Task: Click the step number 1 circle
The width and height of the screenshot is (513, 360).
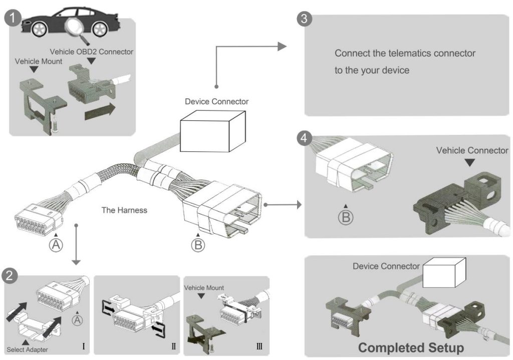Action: point(13,19)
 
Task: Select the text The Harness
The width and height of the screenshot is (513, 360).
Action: point(124,210)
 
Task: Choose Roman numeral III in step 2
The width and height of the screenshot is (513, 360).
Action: point(258,346)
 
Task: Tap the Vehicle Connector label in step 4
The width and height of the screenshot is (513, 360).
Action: point(471,150)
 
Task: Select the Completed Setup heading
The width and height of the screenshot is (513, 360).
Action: point(411,347)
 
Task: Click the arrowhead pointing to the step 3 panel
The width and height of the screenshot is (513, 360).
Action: point(282,47)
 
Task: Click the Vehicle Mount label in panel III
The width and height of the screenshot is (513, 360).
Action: point(204,287)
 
